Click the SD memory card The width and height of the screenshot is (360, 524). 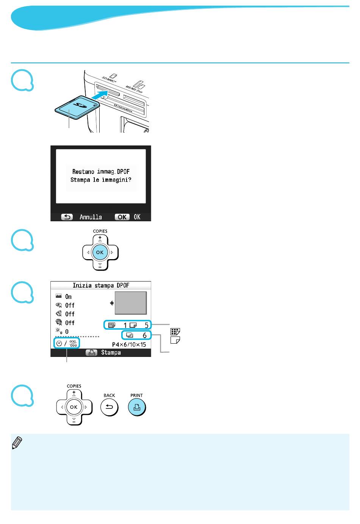point(77,107)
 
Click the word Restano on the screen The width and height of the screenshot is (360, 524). point(83,172)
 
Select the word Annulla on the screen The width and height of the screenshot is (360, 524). point(91,217)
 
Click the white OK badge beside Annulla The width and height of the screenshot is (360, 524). point(122,217)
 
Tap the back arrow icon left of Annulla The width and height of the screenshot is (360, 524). point(67,217)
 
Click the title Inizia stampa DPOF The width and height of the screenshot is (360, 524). point(101,285)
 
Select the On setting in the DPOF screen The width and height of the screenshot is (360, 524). point(68,297)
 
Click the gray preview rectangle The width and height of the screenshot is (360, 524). point(130,303)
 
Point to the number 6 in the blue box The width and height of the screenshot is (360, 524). point(144,335)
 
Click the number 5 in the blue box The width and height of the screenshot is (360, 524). point(146,325)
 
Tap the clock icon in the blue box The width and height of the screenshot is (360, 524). point(59,343)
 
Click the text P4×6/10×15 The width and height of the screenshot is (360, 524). point(129,344)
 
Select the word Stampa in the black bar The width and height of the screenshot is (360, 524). point(111,352)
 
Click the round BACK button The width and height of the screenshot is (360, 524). point(109,407)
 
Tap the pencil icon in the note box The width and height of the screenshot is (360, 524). point(17,443)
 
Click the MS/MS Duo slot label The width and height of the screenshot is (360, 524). point(134,89)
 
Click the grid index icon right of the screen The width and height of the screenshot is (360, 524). point(175,332)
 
